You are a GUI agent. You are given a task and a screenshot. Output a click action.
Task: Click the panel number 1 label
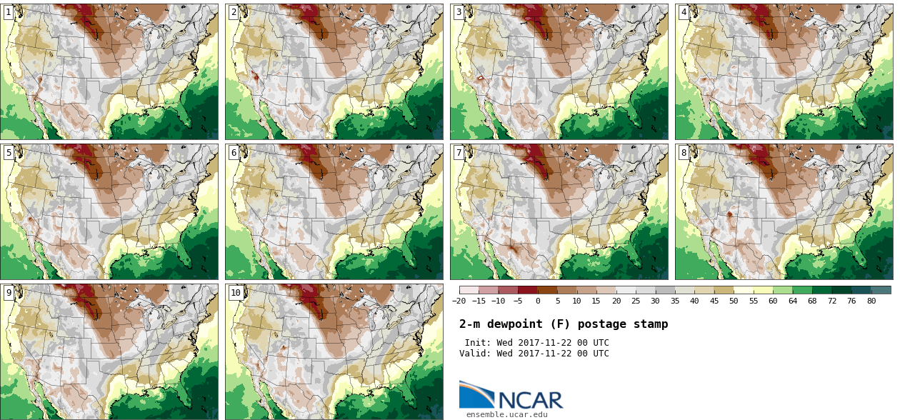[9, 12]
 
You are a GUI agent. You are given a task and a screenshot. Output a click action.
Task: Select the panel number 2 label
[234, 12]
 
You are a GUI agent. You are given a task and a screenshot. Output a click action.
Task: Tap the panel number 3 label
[459, 12]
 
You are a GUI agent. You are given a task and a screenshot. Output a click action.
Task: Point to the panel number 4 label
[684, 12]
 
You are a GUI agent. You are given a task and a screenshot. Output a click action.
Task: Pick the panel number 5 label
[9, 152]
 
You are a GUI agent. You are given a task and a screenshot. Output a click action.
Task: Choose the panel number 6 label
[234, 152]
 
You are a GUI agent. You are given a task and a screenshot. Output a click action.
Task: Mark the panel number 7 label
[459, 152]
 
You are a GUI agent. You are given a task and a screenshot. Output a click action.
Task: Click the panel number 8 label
[684, 152]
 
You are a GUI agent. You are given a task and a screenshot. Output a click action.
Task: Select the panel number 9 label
[9, 292]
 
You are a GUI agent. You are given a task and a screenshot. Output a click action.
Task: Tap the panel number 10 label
[236, 292]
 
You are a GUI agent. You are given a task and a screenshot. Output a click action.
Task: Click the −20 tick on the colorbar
[459, 301]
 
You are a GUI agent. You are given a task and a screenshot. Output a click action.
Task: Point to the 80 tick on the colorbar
[871, 301]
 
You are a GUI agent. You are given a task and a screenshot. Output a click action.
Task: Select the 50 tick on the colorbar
[734, 301]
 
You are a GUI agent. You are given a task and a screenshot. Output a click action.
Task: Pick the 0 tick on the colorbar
[538, 301]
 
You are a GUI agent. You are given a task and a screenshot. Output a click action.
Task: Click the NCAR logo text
[529, 400]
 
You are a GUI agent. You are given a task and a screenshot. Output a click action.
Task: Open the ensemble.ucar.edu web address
[507, 414]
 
